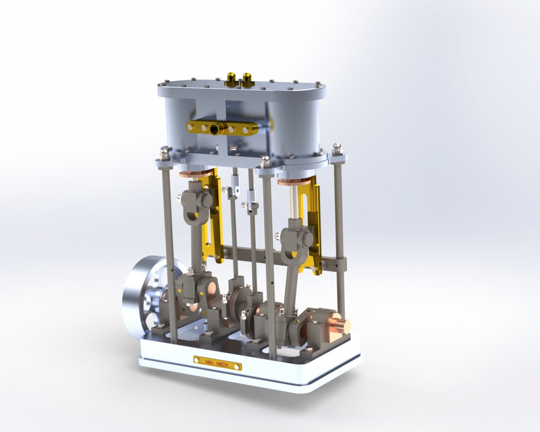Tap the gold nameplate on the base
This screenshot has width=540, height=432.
[x=219, y=362]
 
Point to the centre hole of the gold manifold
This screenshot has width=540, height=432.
[x=215, y=128]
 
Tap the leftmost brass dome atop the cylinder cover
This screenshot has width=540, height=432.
[x=232, y=78]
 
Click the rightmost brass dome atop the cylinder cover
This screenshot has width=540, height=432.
[x=246, y=80]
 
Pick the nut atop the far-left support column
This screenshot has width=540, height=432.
[x=164, y=153]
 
